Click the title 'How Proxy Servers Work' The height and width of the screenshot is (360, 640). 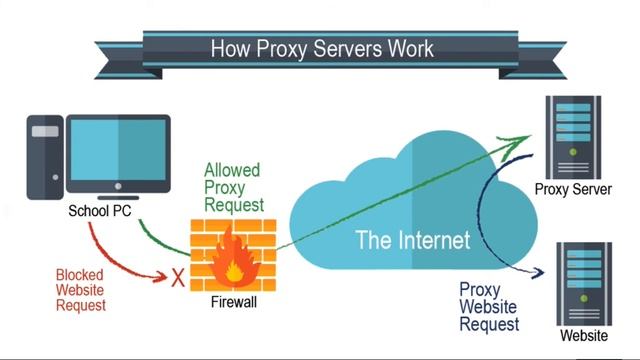pyautogui.click(x=320, y=48)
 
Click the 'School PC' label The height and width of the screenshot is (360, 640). pyautogui.click(x=99, y=212)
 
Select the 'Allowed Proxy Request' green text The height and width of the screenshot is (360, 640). pyautogui.click(x=232, y=187)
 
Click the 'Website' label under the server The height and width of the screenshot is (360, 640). pyautogui.click(x=583, y=336)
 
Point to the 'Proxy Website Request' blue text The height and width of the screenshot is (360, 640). pyautogui.click(x=489, y=307)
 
